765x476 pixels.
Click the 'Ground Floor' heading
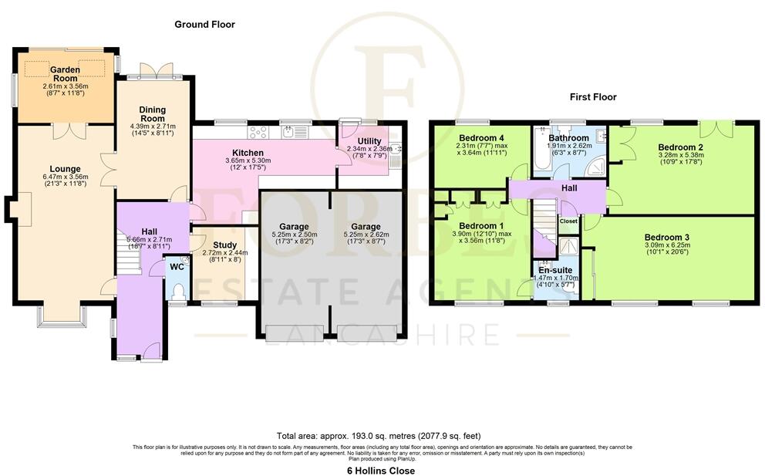(204, 25)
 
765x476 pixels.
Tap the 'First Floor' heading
(592, 97)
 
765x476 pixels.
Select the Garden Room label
(66, 69)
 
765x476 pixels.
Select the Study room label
(224, 245)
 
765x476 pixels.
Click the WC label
(177, 267)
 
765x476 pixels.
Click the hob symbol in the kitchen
(257, 131)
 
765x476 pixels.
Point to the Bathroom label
(569, 138)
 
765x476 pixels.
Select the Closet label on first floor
(568, 221)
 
